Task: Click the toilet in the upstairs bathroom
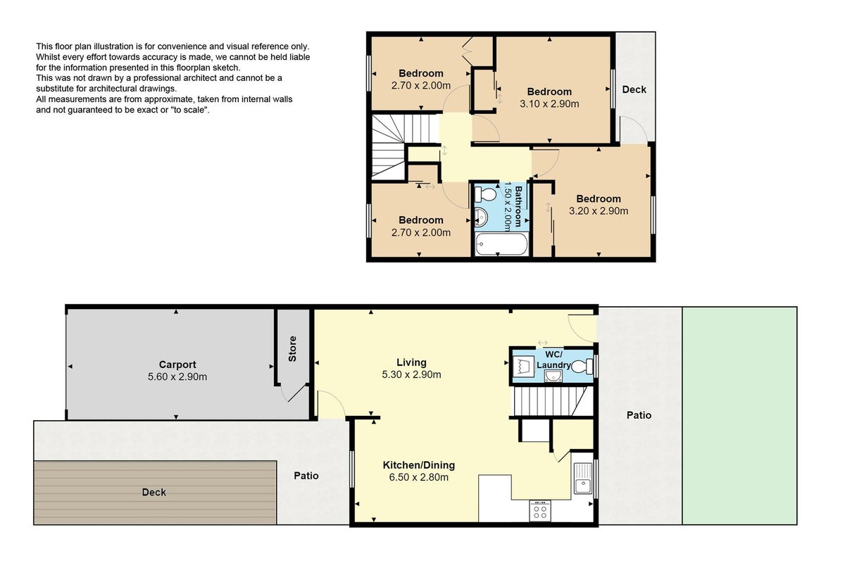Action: [485, 195]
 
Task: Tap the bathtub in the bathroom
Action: [501, 244]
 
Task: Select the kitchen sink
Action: [583, 478]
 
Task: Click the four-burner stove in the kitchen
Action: [540, 511]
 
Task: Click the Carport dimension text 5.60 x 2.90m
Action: [177, 377]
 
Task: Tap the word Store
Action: [292, 349]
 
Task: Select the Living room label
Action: [411, 362]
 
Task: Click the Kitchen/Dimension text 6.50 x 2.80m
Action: [419, 477]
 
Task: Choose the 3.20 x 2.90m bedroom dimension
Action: [599, 211]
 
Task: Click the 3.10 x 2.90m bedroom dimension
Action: [549, 103]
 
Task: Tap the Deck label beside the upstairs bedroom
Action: [634, 89]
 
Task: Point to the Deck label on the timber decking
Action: [154, 492]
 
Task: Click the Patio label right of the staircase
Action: [639, 415]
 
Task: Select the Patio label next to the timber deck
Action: [306, 476]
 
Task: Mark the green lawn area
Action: [740, 415]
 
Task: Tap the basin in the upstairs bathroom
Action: [481, 217]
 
